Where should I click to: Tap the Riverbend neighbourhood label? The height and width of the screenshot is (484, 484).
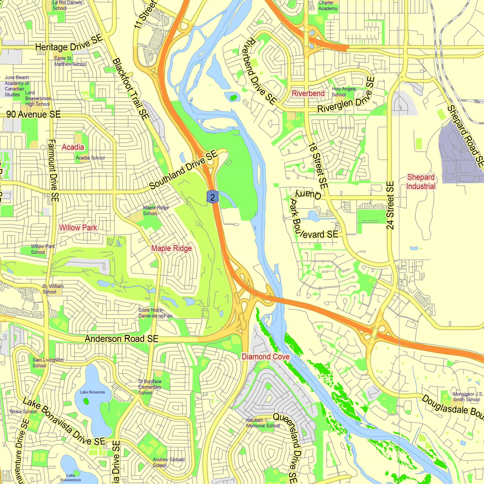[x=308, y=93]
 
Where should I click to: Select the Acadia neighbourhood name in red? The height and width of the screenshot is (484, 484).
[x=73, y=147]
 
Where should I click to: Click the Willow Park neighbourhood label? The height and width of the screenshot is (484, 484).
[x=78, y=227]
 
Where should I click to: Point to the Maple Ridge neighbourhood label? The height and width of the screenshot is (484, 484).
[x=171, y=248]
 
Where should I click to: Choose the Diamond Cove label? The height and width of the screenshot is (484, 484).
[x=265, y=356]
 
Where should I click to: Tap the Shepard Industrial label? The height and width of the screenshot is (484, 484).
[x=421, y=182]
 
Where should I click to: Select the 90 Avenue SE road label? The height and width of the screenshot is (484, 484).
[x=34, y=114]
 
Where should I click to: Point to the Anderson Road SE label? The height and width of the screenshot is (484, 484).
[x=121, y=339]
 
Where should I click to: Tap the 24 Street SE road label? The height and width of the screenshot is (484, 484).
[x=390, y=205]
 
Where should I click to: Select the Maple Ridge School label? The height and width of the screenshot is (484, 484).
[x=156, y=211]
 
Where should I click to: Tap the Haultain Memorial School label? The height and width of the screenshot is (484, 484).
[x=263, y=423]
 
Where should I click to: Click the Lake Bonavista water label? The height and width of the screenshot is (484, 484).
[x=92, y=392]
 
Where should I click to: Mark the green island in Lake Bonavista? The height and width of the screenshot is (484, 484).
[x=86, y=401]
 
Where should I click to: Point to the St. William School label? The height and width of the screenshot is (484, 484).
[x=53, y=289]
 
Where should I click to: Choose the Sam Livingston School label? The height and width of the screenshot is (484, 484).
[x=48, y=363]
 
